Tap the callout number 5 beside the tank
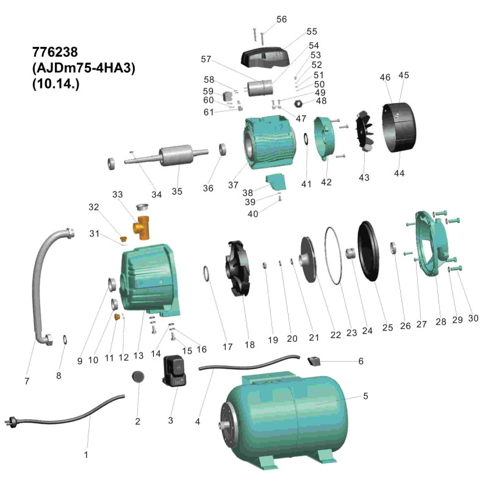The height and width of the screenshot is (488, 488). [365, 396]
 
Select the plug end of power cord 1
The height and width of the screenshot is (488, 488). [11, 422]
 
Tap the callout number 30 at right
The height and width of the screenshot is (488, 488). [473, 318]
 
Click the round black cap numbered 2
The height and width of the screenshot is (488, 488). [138, 376]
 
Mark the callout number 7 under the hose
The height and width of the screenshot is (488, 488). [27, 381]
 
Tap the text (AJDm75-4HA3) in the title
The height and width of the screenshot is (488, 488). [83, 68]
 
